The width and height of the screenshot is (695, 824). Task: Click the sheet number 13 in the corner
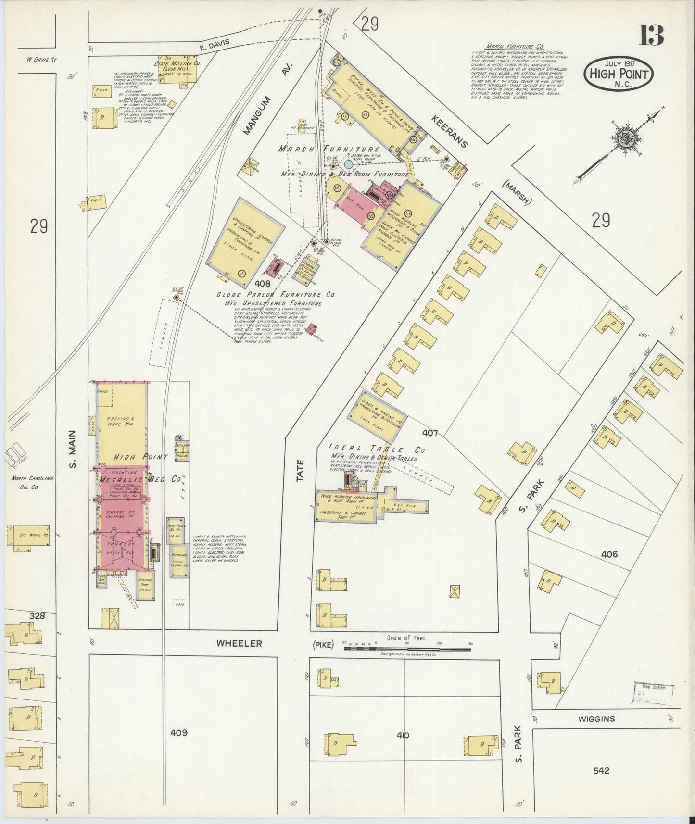coord(651,35)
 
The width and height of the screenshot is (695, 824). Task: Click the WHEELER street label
coord(239,643)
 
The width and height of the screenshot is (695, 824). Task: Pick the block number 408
coord(263,283)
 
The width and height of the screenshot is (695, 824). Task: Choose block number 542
coord(601,770)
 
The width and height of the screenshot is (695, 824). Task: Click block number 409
coord(178,733)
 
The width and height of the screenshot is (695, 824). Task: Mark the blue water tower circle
coord(348,164)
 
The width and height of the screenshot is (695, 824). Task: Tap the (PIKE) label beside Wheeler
coord(322,645)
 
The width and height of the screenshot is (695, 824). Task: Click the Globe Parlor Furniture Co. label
coord(276,294)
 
